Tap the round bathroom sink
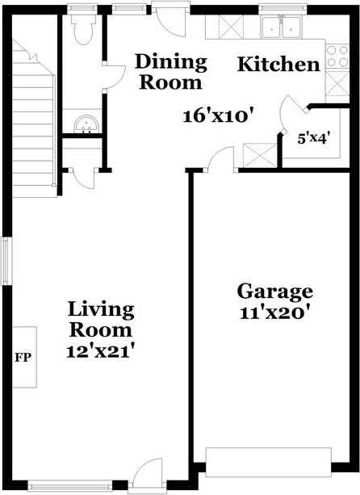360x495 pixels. [83, 124]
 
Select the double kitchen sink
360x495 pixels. [281, 29]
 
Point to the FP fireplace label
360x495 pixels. [23, 356]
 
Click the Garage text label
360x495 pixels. [274, 292]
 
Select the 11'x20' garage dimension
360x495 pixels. [274, 313]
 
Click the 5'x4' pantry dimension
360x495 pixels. [312, 137]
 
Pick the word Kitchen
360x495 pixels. [278, 65]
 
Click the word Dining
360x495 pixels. [170, 61]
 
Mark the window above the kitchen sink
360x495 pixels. [282, 10]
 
